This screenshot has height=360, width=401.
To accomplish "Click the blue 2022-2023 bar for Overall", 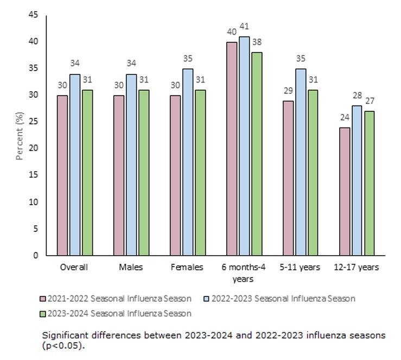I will coord(75,165).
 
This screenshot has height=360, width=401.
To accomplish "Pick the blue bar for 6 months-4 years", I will coord(245,146).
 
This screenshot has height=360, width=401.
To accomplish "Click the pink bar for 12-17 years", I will coord(344,191).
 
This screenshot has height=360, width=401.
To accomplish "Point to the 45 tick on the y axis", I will coord(34,15).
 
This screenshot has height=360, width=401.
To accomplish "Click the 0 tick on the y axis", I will coord(36,255).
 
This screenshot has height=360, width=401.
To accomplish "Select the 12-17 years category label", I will coord(357,267).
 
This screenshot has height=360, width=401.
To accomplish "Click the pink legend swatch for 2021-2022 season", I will coord(42,299).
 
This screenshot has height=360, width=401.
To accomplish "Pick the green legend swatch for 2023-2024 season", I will coord(42,313).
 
